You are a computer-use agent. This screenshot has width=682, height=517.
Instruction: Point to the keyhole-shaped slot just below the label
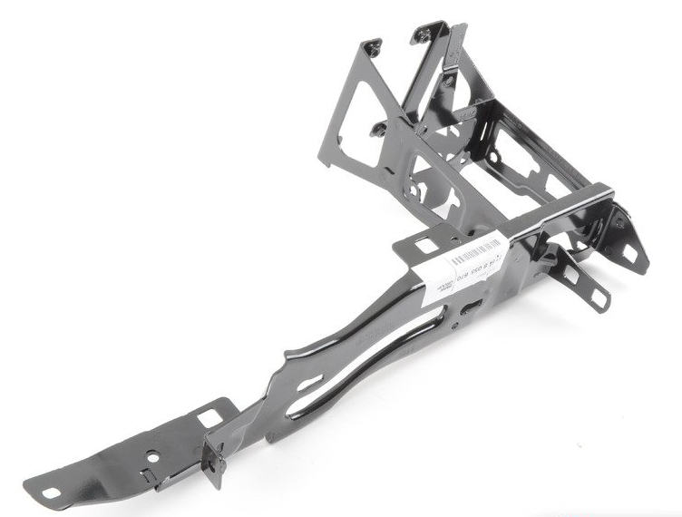[x=471, y=310]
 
